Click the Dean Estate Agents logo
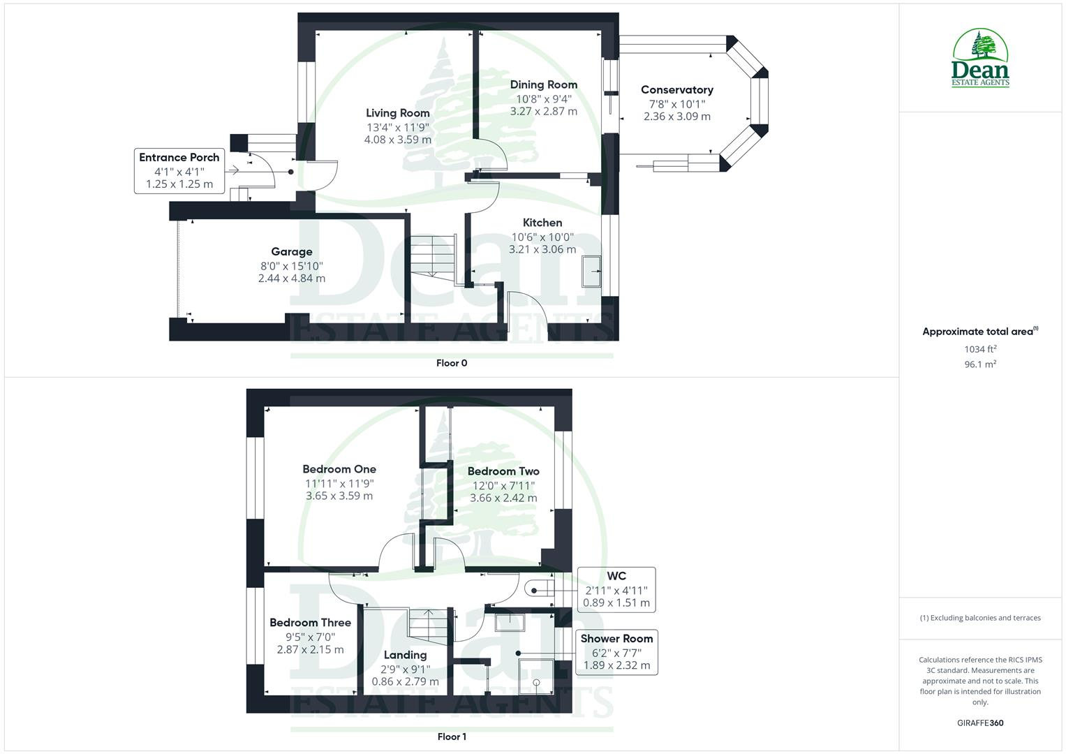pos(980,59)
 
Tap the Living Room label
pos(397,113)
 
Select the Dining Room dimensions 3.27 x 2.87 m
pos(543,112)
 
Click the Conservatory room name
pos(676,90)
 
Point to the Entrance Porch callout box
pos(179,171)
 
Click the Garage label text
pos(291,252)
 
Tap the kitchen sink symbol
pos(593,271)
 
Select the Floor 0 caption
pos(451,363)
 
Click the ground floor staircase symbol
pos(431,256)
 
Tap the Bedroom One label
pos(339,469)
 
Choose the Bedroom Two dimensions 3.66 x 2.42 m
pos(503,498)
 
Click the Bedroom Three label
pos(310,623)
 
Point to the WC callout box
pos(616,590)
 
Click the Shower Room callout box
pos(616,652)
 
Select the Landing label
pos(405,655)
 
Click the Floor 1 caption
pos(451,737)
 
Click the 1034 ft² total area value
pos(979,349)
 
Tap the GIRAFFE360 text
pos(979,723)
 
